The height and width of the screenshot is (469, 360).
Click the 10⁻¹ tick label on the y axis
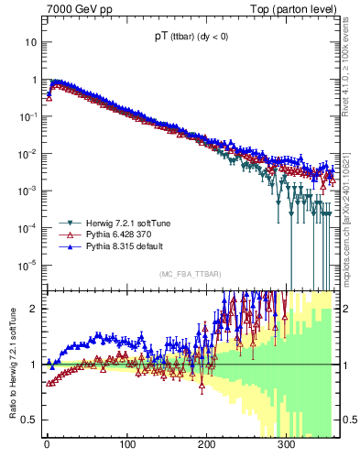27,116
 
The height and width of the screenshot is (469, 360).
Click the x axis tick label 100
126,446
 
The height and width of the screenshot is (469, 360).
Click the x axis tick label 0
47,446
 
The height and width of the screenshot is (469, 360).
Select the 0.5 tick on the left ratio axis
27,420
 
